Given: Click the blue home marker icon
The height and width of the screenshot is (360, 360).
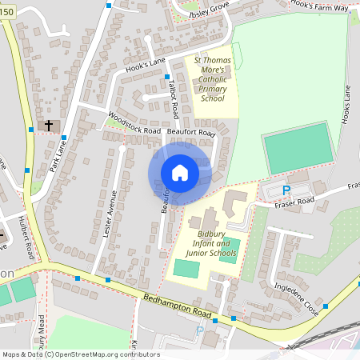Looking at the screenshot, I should point(180,173).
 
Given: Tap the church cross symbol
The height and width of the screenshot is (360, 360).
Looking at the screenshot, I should point(49,126).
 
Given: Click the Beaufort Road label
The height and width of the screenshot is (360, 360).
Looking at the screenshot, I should point(196,132).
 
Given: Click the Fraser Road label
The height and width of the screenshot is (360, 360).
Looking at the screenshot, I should point(294,201).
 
